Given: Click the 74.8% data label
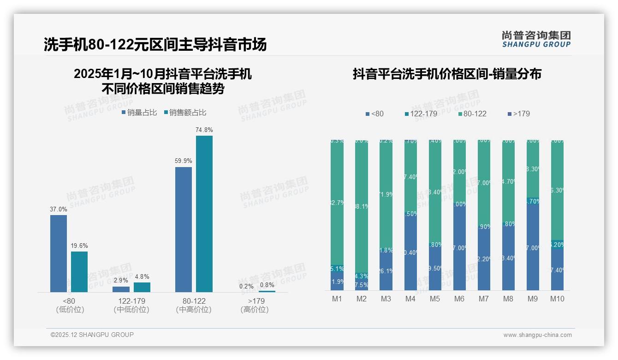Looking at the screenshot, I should (204, 130).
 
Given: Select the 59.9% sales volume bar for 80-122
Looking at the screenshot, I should (184, 229).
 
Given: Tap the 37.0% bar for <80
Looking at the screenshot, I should (59, 253).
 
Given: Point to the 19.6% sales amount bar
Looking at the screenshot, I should (79, 271).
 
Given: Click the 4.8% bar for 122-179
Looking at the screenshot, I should (142, 287).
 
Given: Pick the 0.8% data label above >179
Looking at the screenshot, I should (267, 285).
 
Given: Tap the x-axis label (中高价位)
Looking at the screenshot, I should (194, 310).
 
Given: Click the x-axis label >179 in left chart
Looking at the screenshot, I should (255, 301).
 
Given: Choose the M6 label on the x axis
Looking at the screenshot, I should (459, 299).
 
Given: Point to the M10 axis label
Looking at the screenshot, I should (557, 299).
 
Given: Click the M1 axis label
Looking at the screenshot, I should (337, 299).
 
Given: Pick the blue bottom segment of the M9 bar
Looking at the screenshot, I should (533, 247).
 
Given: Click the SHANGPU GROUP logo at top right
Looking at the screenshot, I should (536, 39).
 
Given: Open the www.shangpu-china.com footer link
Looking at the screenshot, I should (537, 335).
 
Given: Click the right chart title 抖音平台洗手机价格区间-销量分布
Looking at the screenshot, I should (447, 74).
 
